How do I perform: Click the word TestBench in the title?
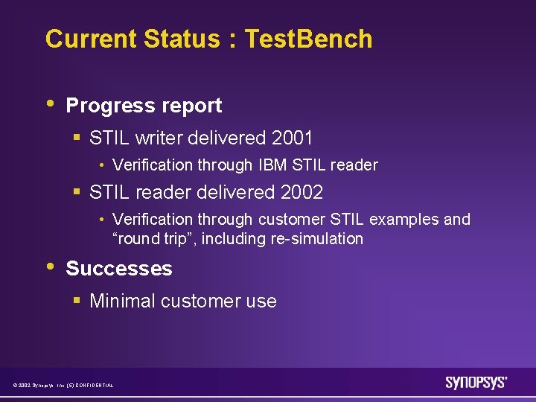[x=308, y=39]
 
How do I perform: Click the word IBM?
[x=276, y=165]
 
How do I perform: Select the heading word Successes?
[x=119, y=269]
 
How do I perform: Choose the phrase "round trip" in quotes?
[x=153, y=239]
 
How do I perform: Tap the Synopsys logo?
[x=476, y=383]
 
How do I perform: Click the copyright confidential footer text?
[x=63, y=385]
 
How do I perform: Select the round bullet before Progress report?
[x=49, y=104]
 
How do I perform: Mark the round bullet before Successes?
[x=49, y=267]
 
